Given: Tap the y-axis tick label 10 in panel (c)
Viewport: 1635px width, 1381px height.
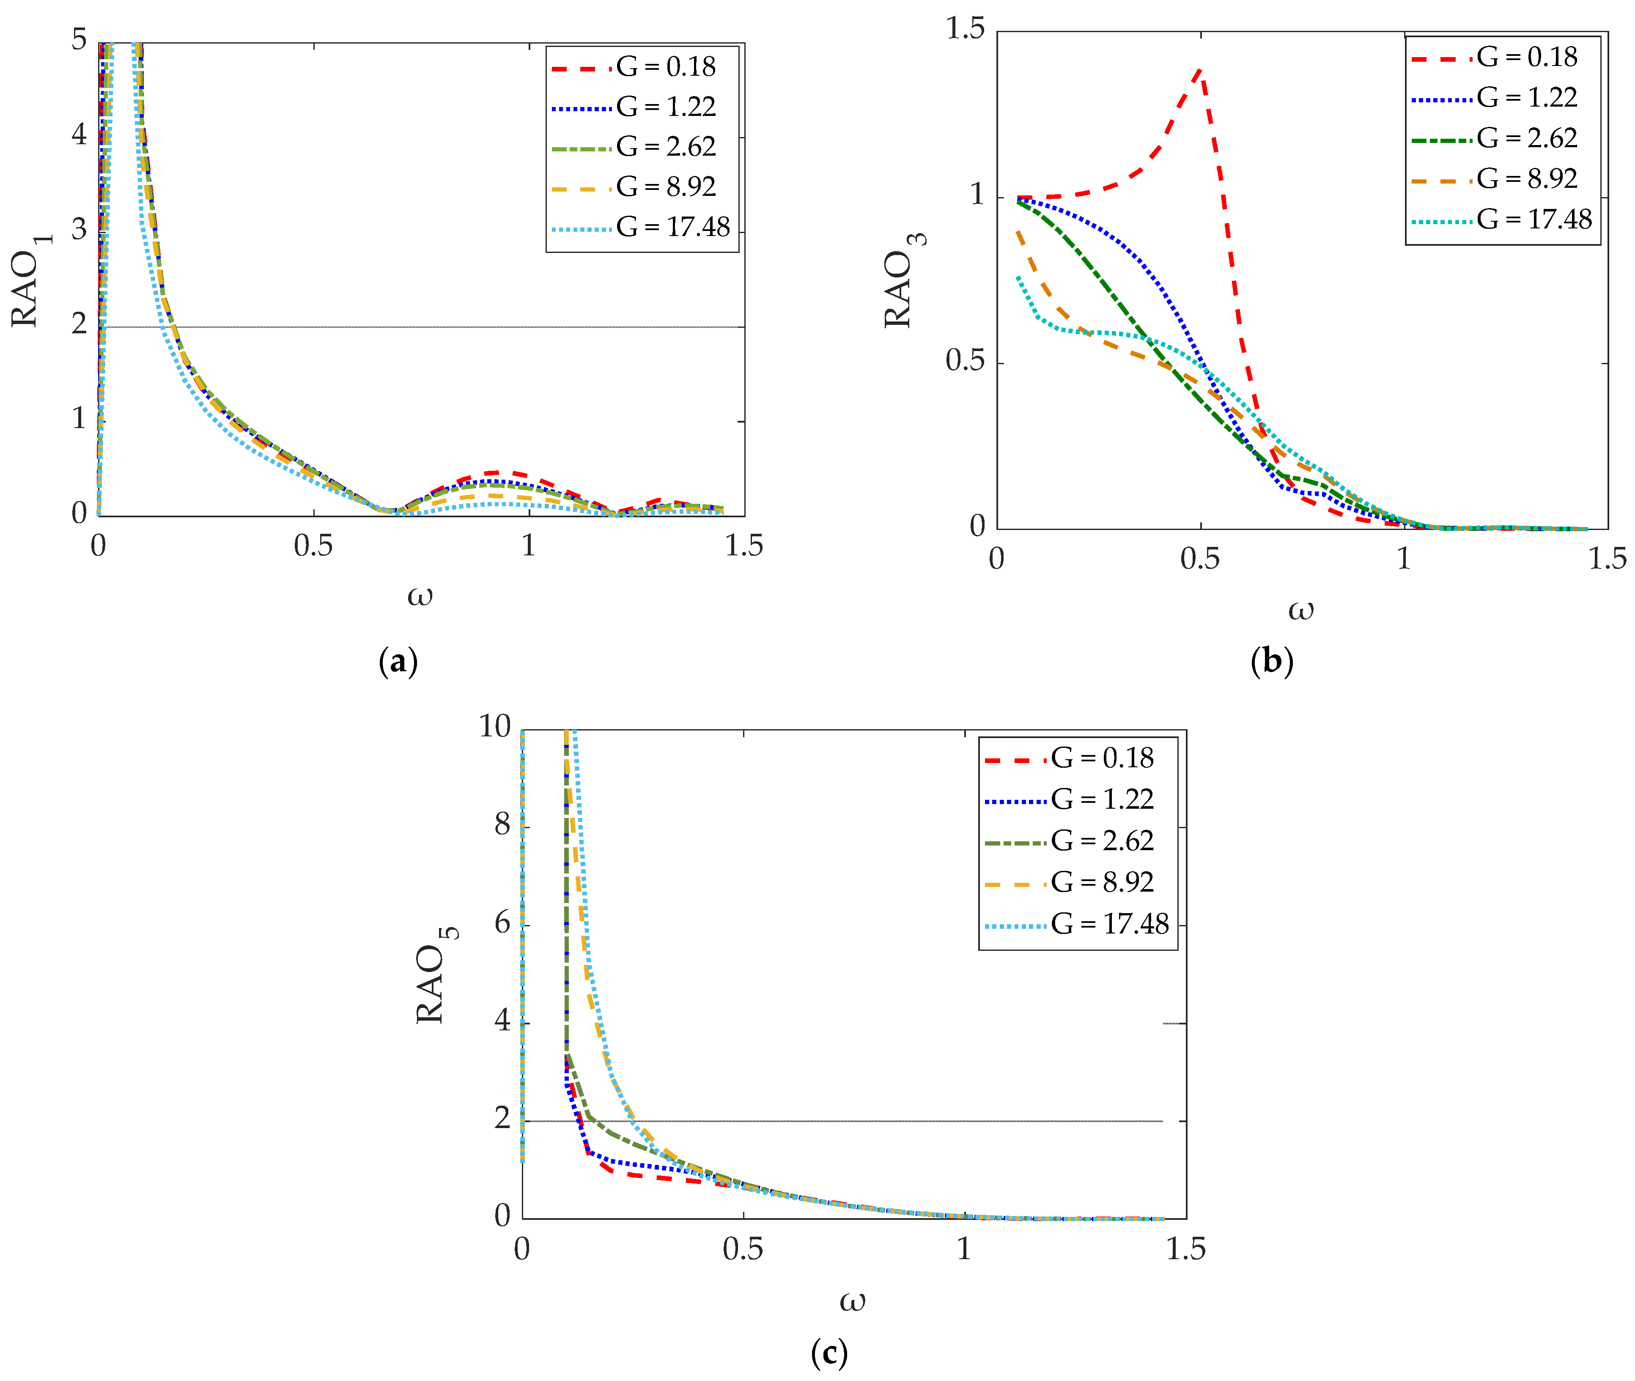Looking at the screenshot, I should click(495, 727).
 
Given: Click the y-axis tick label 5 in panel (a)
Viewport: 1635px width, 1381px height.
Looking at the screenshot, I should click(79, 39).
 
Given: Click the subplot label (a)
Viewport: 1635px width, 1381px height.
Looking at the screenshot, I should click(398, 662).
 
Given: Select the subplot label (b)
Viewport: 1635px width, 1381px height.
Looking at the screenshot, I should click(1271, 662).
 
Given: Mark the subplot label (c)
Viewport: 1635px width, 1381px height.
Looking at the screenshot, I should click(829, 1352).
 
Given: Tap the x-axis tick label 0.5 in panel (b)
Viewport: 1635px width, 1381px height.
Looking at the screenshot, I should click(1200, 559).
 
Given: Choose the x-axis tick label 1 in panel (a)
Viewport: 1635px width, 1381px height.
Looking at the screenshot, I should click(529, 546).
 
